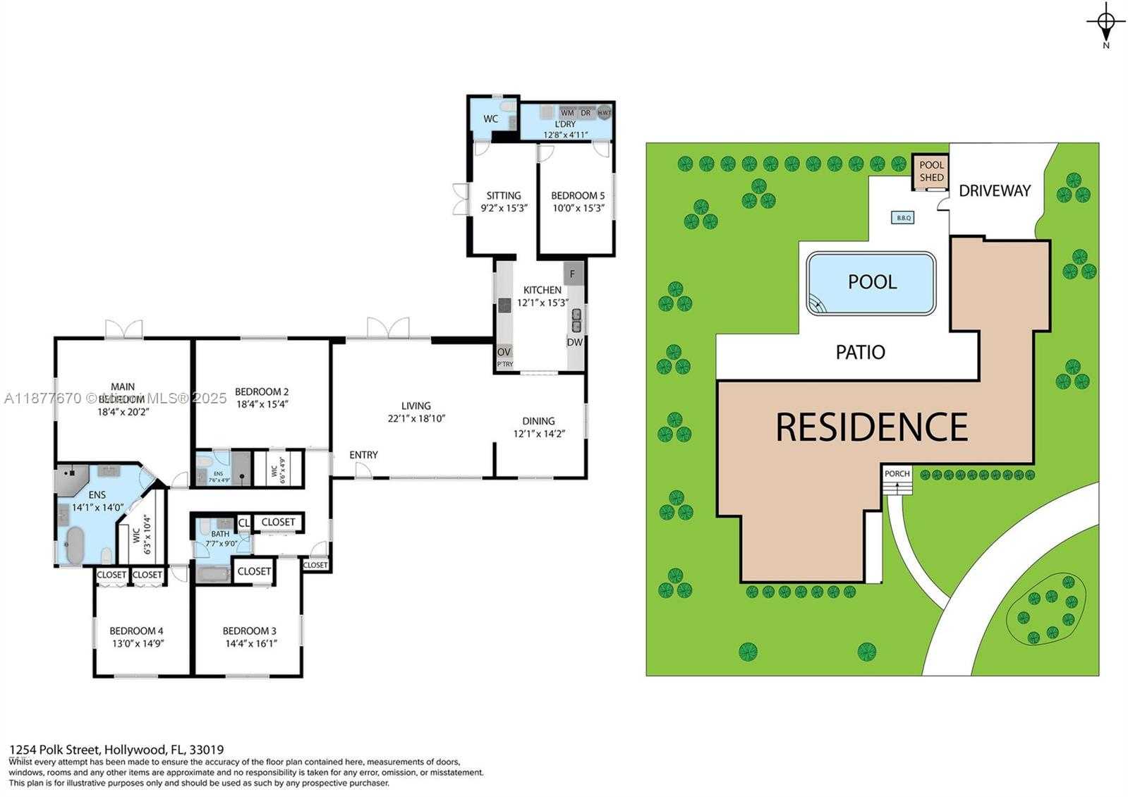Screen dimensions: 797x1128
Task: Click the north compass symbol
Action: pos(1105,23)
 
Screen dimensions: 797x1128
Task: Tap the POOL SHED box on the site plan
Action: pos(931,171)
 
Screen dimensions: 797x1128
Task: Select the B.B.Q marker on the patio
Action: pos(904,218)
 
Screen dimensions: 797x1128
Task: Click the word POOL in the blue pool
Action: pos(872,282)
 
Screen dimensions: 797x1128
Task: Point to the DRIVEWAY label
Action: pos(995,190)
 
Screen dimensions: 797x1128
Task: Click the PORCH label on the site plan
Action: pos(897,473)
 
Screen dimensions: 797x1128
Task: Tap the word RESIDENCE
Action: pos(871,427)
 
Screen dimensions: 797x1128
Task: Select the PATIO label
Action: pos(860,352)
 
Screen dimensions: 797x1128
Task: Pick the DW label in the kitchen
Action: pos(574,342)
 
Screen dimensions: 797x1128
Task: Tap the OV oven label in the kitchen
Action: pos(504,352)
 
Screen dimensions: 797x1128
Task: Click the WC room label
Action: pos(491,118)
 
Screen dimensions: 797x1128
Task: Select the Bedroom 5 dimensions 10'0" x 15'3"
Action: pos(578,208)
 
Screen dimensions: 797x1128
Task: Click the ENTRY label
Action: pos(363,455)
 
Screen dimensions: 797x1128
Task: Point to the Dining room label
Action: pos(538,421)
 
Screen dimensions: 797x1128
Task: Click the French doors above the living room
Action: pos(387,328)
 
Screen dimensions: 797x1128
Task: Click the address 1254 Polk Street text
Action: pos(56,750)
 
